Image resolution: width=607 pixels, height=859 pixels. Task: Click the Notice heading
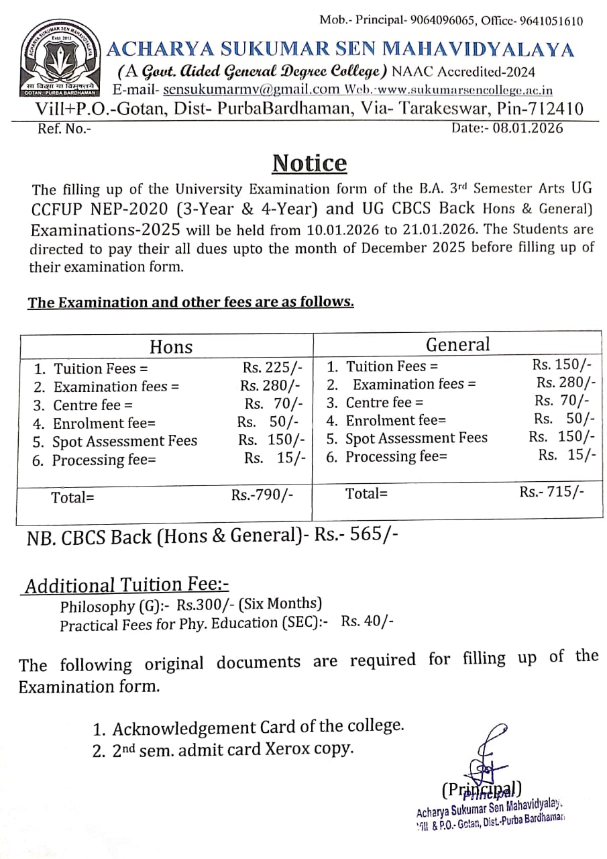pos(309,163)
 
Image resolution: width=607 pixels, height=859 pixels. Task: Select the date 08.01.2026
pos(527,128)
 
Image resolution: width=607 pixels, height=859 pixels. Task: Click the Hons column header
pos(171,346)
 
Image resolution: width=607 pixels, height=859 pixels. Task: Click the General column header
pos(458,344)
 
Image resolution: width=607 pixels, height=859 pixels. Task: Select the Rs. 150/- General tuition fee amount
pos(562,364)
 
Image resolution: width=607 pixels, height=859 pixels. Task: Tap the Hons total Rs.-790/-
pos(262,495)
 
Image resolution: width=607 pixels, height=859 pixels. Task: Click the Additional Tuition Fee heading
pos(127,585)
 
